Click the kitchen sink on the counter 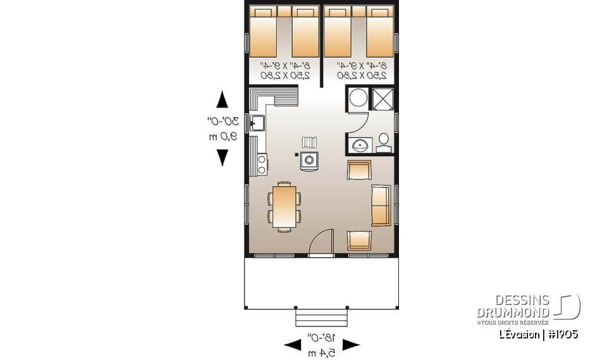tap(256, 123)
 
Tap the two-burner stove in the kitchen tap(261, 164)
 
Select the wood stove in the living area tap(309, 160)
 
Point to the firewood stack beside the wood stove tap(309, 142)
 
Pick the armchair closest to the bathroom tap(359, 170)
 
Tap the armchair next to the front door tap(359, 241)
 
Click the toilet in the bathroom tap(383, 142)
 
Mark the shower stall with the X tap(382, 99)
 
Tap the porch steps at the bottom tap(321, 316)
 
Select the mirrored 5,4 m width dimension tap(321, 352)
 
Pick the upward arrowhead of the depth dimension tap(222, 100)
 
